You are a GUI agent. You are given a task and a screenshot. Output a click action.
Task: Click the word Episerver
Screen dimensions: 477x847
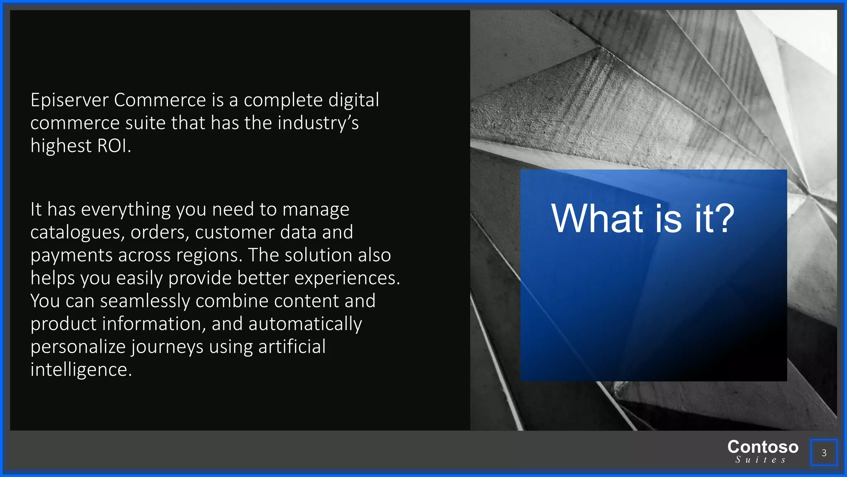[x=69, y=100]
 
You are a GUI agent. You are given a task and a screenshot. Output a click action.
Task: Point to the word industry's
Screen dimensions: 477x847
[x=318, y=123]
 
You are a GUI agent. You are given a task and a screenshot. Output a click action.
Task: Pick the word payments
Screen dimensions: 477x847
[x=72, y=255]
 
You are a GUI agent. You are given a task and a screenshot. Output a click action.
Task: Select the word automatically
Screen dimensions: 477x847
[x=305, y=324]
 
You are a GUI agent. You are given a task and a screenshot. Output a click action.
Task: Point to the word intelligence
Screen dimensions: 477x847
[x=81, y=369]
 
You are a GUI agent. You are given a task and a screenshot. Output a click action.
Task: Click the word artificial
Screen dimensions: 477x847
[x=292, y=347]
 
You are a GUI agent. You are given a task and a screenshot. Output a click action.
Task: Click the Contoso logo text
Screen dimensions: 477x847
[x=763, y=447]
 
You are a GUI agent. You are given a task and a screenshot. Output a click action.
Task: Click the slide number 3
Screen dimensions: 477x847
[x=824, y=453]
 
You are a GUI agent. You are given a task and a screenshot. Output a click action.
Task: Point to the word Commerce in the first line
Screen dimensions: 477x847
[x=160, y=100]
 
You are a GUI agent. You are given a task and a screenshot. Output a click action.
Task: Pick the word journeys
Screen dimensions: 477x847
[x=167, y=347]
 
